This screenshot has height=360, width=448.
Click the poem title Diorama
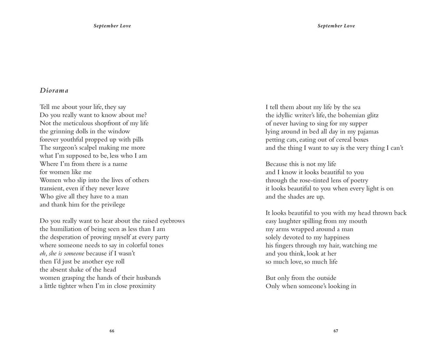tap(54, 91)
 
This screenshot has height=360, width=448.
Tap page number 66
tap(112, 331)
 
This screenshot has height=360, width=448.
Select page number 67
tap(336, 331)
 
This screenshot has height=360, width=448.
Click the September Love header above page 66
tap(112, 26)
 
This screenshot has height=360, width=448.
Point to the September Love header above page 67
tap(336, 26)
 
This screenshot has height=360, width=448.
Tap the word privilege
tap(111, 205)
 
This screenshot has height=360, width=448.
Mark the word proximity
tap(139, 286)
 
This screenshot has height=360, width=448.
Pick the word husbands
tap(147, 278)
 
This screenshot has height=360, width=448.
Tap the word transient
tap(52, 188)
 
